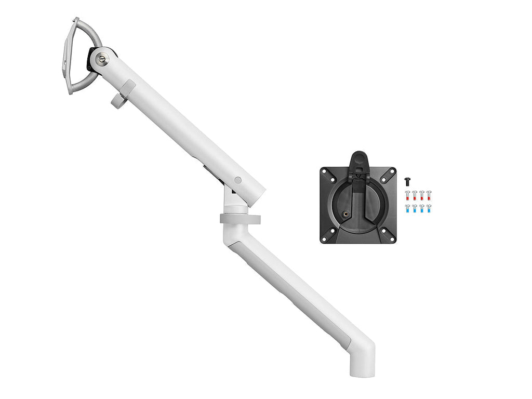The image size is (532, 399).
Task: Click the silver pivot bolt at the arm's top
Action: click(x=102, y=59)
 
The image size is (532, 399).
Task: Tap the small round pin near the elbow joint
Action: click(x=237, y=180)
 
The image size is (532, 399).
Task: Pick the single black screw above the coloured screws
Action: click(x=408, y=181)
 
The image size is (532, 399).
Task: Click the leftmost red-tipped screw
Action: click(x=408, y=196)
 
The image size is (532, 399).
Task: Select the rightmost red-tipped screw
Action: click(x=429, y=196)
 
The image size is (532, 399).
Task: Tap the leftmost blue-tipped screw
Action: click(x=408, y=210)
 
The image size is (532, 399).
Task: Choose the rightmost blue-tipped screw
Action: click(x=429, y=210)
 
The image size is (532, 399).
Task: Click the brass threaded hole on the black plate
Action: click(x=345, y=212)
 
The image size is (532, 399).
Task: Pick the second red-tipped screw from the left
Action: click(x=415, y=196)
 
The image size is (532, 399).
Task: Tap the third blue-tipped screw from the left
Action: click(x=422, y=210)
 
